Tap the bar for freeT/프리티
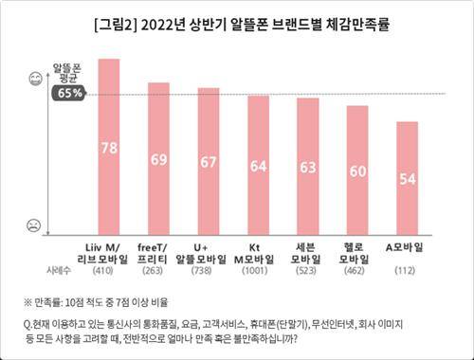159,155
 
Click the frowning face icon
34,225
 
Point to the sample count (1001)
258,270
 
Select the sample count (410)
109,270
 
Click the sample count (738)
209,270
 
